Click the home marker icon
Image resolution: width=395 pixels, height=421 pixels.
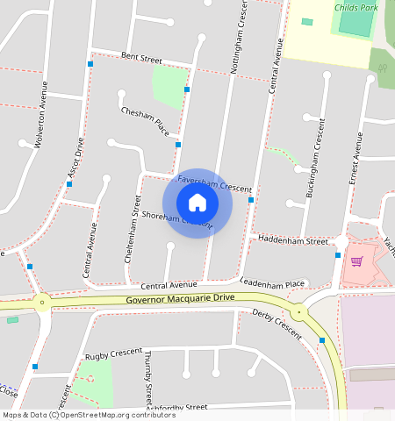(197, 203)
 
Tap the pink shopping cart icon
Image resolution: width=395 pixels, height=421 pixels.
(356, 260)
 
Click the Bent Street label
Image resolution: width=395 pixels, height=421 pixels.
(141, 58)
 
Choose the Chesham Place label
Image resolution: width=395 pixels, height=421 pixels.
(145, 121)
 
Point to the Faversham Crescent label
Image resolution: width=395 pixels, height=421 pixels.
(214, 183)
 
